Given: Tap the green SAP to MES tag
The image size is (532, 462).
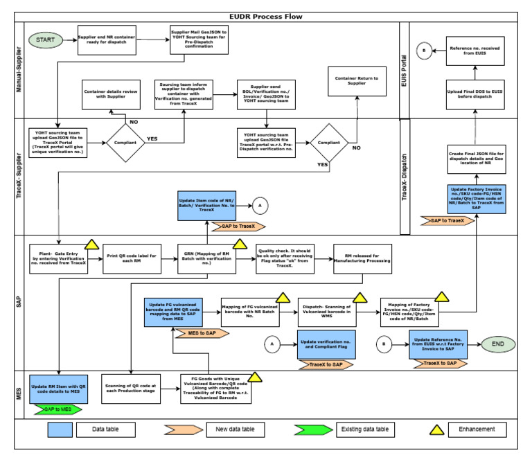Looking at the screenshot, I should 57,409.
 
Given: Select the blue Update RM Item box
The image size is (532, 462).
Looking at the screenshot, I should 58,387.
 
